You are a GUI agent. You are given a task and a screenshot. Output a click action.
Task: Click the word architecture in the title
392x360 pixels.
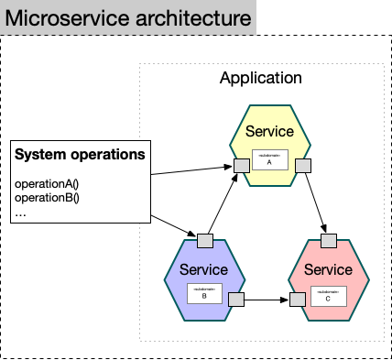pos(190,18)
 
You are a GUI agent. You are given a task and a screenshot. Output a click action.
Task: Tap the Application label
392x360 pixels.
pos(260,78)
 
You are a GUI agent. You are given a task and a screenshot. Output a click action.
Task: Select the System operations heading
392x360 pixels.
pos(80,154)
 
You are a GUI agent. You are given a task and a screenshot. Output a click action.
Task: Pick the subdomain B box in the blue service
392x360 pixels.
pos(205,293)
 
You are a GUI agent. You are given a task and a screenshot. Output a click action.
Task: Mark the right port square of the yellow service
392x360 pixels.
pos(301,165)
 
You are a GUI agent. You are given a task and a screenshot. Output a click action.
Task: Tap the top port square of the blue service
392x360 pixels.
pos(205,242)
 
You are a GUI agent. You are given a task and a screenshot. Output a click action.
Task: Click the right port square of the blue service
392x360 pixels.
pos(236,299)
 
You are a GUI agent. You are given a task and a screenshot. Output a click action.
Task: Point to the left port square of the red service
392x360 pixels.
pos(298,299)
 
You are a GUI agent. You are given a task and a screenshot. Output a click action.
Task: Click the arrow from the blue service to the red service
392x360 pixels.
pos(267,299)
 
